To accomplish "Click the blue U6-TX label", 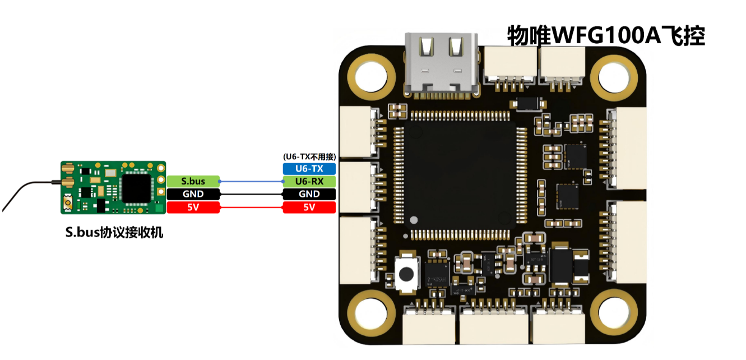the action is click(x=309, y=169).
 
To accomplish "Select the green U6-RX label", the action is click(x=309, y=181).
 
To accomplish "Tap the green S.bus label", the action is click(x=193, y=181).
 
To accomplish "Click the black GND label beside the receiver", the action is click(x=193, y=194).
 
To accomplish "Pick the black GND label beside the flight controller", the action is click(x=309, y=194).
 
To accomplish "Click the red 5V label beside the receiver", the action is click(x=193, y=207).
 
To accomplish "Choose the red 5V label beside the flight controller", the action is click(x=309, y=207).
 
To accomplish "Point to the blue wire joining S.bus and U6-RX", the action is click(x=252, y=181).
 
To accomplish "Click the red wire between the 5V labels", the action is click(x=252, y=207).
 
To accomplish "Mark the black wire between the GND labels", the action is click(x=252, y=194).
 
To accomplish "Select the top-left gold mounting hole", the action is click(x=372, y=76).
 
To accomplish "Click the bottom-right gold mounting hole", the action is click(x=614, y=313).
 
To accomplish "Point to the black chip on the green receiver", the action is click(x=137, y=188).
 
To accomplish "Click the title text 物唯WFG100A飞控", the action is click(x=606, y=35).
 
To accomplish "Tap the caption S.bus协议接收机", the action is click(x=114, y=232).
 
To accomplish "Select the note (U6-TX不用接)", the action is click(x=309, y=156).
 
